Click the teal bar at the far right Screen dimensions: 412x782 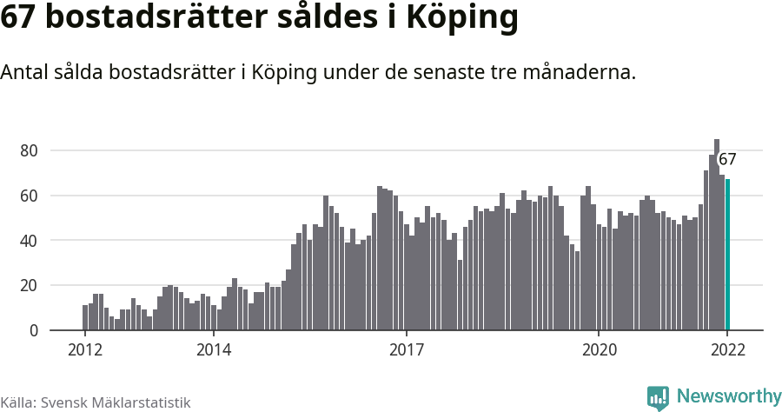727,255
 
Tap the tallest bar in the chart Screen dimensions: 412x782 717,235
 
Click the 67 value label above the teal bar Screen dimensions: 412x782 727,160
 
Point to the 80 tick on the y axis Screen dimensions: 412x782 29,150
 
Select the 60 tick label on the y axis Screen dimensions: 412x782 29,196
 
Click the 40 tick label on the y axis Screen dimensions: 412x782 29,241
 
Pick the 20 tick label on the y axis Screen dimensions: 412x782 29,285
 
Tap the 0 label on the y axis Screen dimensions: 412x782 34,330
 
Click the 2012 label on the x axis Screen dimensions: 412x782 84,350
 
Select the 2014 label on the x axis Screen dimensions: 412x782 213,350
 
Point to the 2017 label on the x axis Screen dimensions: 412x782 406,350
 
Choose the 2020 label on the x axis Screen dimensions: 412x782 599,350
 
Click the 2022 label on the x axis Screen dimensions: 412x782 727,350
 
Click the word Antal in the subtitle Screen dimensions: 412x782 23,73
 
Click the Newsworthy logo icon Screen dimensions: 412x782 658,398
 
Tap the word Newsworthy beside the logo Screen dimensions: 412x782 728,397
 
